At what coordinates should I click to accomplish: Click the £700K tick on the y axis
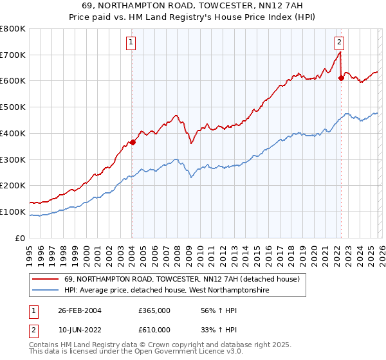click(x=13, y=55)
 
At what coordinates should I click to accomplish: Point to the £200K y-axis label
click(x=13, y=185)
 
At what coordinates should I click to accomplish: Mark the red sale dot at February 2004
click(x=133, y=143)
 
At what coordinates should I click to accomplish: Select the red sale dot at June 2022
click(x=341, y=78)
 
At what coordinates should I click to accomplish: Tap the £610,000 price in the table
click(x=154, y=329)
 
